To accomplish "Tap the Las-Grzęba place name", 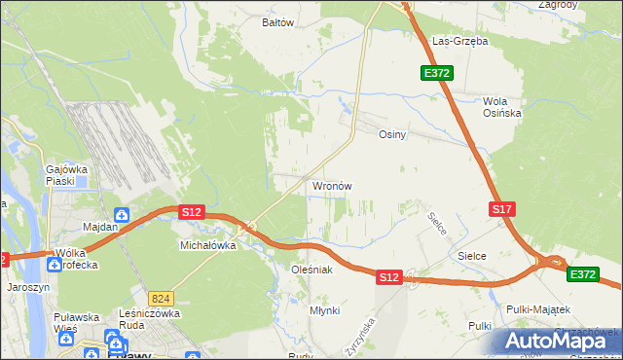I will click(x=459, y=42).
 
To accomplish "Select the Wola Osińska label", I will click(x=502, y=107).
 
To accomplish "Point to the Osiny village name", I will click(x=391, y=135).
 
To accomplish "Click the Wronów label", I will click(x=331, y=185).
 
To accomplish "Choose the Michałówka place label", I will click(x=208, y=246).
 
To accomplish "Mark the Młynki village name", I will click(x=324, y=309).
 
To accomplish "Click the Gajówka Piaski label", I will click(x=67, y=175).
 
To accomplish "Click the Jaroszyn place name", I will click(x=27, y=288).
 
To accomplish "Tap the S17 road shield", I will click(x=501, y=209).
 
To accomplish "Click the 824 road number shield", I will click(x=162, y=297).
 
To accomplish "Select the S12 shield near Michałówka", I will click(x=191, y=211).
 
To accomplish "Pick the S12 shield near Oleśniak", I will click(x=389, y=277).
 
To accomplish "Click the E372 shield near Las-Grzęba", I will click(x=435, y=73).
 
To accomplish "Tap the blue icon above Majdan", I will click(x=122, y=214).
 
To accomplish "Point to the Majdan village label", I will click(x=100, y=227).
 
